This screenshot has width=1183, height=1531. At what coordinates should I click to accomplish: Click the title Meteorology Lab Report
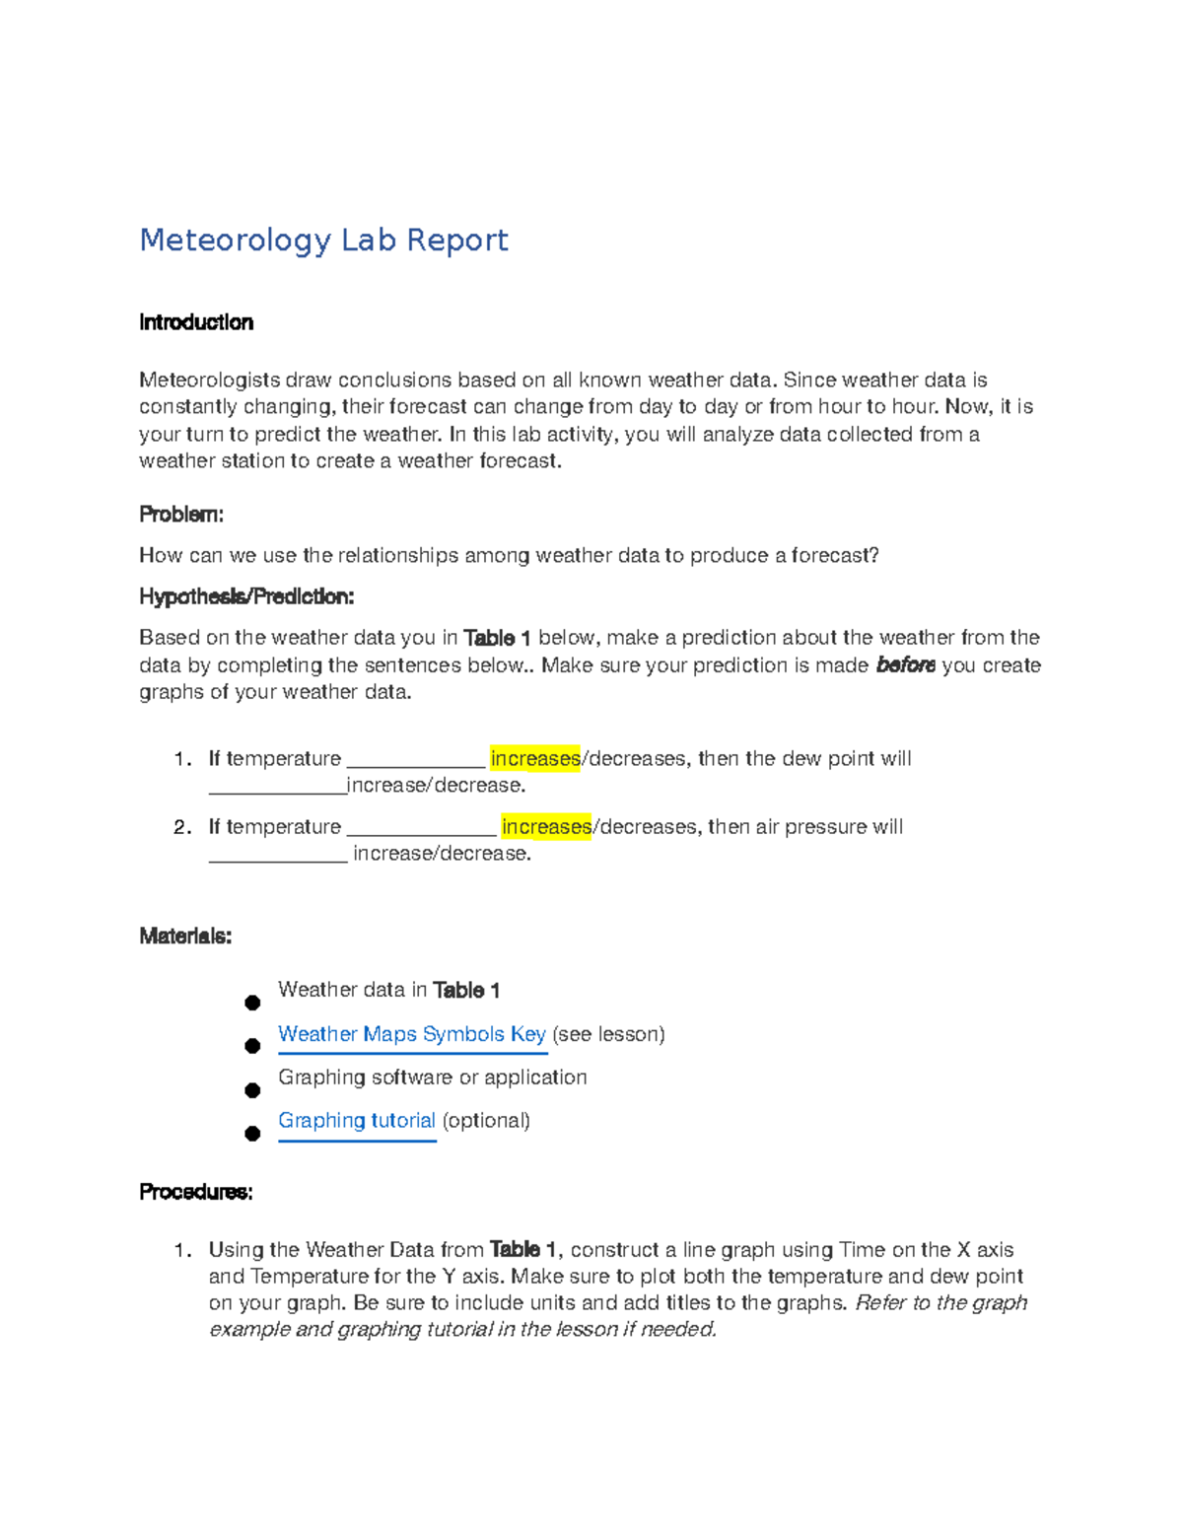tap(323, 240)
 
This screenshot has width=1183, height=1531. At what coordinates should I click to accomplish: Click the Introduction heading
tap(196, 322)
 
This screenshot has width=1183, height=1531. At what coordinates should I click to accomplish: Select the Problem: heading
tap(181, 515)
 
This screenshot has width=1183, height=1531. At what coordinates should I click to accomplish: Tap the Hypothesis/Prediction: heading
tap(246, 596)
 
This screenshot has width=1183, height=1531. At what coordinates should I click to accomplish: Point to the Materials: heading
tap(185, 936)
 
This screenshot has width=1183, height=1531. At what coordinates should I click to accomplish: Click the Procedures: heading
tap(196, 1192)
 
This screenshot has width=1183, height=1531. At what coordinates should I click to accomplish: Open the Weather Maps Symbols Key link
tap(411, 1034)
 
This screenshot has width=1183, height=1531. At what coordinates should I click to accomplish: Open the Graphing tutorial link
tap(356, 1121)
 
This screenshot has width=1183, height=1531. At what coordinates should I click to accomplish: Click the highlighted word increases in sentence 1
tap(535, 759)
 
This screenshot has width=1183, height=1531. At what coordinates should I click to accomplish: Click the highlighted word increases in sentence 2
tap(546, 827)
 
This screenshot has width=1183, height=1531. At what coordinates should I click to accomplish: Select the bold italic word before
tap(905, 665)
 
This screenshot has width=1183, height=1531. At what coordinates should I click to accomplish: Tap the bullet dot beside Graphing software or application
tap(252, 1090)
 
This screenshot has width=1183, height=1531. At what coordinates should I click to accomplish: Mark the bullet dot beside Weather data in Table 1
tap(252, 1003)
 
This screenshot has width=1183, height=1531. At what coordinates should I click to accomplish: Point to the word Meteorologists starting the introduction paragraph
tap(209, 381)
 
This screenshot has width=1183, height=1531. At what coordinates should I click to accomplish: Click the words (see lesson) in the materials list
tap(608, 1034)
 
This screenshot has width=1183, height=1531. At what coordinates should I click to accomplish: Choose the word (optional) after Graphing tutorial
tap(486, 1121)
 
